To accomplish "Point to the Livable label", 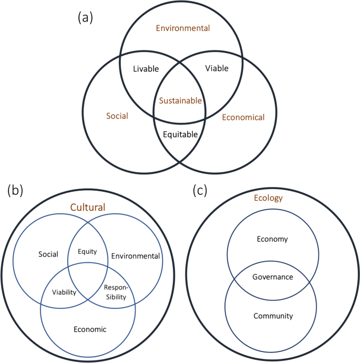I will (x=146, y=68).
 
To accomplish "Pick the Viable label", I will (x=217, y=68).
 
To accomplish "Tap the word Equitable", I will (x=180, y=134).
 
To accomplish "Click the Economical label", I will (x=243, y=117).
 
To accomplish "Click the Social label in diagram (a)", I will (x=117, y=116).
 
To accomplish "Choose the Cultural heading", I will (x=88, y=208).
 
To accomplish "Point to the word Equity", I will (x=87, y=251).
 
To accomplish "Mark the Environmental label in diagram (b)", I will (x=135, y=256).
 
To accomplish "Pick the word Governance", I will (x=272, y=277).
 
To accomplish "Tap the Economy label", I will (x=272, y=239).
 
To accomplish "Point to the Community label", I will (x=273, y=316).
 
